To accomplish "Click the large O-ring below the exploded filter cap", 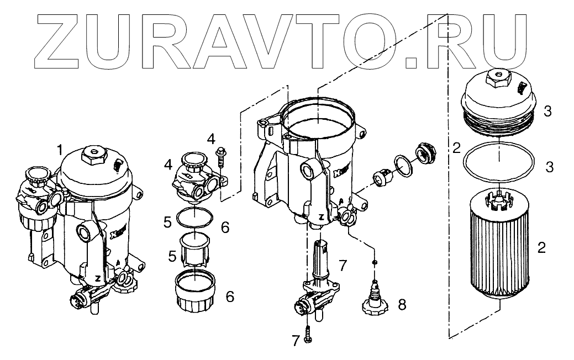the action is tap(499, 162).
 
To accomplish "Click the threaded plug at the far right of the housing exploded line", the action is tap(425, 152).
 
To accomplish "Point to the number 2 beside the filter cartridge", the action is tap(541, 247).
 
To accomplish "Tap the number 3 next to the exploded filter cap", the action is tap(547, 112).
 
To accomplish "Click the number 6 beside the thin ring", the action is tap(224, 226).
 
